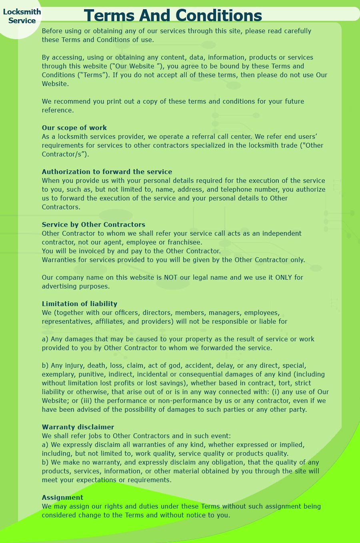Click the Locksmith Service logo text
[x=22, y=16]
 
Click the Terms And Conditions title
[x=173, y=16]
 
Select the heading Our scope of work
[x=74, y=128]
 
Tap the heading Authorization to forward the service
[x=107, y=172]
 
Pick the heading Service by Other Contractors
[x=94, y=224]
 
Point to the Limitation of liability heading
[x=80, y=304]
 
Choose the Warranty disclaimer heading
[x=78, y=427]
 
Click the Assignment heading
[x=62, y=497]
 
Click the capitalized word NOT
[x=170, y=277]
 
